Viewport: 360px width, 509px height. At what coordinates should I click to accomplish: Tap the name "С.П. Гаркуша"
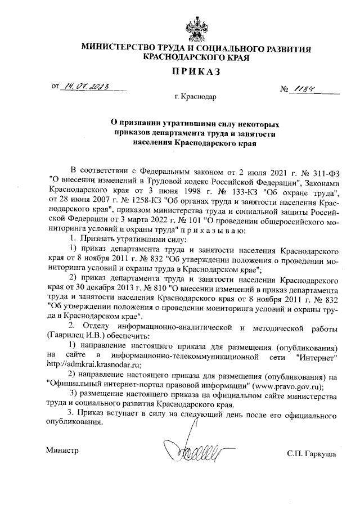(x=310, y=452)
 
